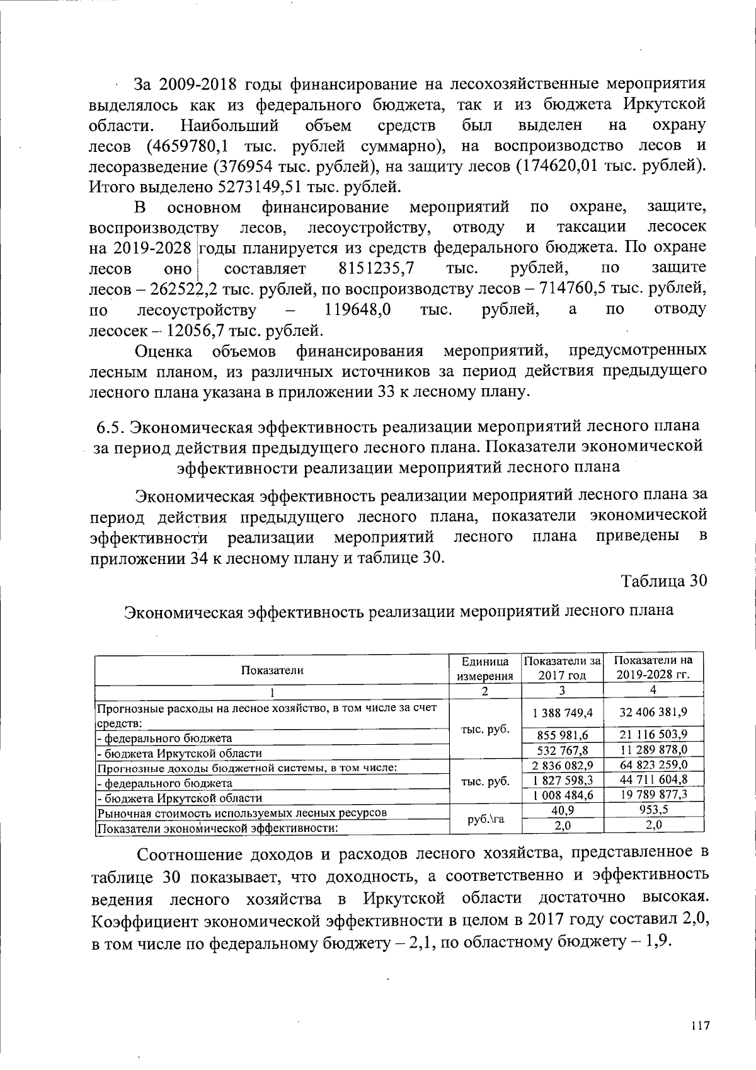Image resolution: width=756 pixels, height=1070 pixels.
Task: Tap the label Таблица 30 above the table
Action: coord(664,580)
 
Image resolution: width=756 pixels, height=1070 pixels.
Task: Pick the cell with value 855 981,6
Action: coord(563,735)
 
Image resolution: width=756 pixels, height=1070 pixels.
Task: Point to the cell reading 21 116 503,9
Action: coord(653,735)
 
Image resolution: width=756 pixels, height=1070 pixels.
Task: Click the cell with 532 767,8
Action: coord(563,750)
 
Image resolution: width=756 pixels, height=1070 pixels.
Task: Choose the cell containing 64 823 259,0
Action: coord(653,764)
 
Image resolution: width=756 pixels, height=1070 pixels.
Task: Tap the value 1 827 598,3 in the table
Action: coord(563,779)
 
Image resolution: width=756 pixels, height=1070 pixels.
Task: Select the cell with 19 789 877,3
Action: coord(653,795)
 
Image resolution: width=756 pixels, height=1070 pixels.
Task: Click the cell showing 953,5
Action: coord(653,810)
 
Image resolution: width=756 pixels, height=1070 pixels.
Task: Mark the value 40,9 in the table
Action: coord(563,810)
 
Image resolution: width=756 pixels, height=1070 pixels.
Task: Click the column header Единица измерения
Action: coord(484,669)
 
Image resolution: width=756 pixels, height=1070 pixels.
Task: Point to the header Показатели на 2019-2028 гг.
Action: coord(653,667)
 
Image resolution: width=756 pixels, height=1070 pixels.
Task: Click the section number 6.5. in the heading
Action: coord(110,427)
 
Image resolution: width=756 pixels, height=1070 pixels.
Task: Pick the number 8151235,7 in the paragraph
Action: coord(375,268)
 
